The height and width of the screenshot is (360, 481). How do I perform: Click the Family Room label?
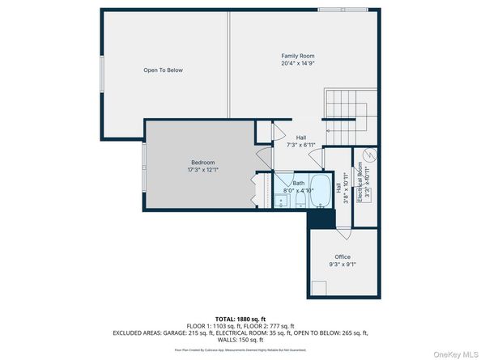(297, 55)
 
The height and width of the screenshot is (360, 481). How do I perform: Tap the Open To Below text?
(163, 70)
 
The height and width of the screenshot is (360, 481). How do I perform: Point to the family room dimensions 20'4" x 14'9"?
(297, 63)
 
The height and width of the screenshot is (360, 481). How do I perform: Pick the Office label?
(342, 257)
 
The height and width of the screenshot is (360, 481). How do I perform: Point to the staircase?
(346, 112)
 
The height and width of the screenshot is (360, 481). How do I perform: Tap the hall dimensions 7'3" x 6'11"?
(300, 145)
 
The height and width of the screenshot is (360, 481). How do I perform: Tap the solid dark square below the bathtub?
(322, 217)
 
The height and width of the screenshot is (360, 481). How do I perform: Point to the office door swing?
(346, 232)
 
